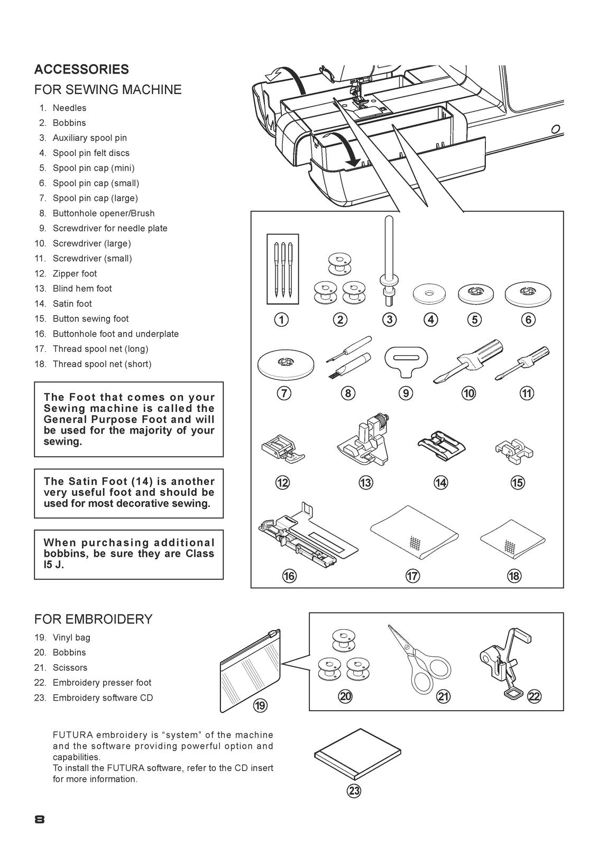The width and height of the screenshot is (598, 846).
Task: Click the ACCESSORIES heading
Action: (81, 69)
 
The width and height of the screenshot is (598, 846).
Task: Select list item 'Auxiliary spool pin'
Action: (89, 137)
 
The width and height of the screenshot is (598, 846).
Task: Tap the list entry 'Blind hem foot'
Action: (82, 288)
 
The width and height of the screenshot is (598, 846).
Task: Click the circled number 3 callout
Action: (389, 319)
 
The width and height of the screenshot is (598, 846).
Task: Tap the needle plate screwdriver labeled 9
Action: (405, 361)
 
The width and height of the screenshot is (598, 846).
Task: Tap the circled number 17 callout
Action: (412, 576)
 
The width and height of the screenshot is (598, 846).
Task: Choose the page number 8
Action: (39, 820)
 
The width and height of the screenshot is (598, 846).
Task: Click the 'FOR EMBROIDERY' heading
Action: (93, 619)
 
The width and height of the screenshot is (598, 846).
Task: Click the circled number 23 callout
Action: (354, 791)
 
